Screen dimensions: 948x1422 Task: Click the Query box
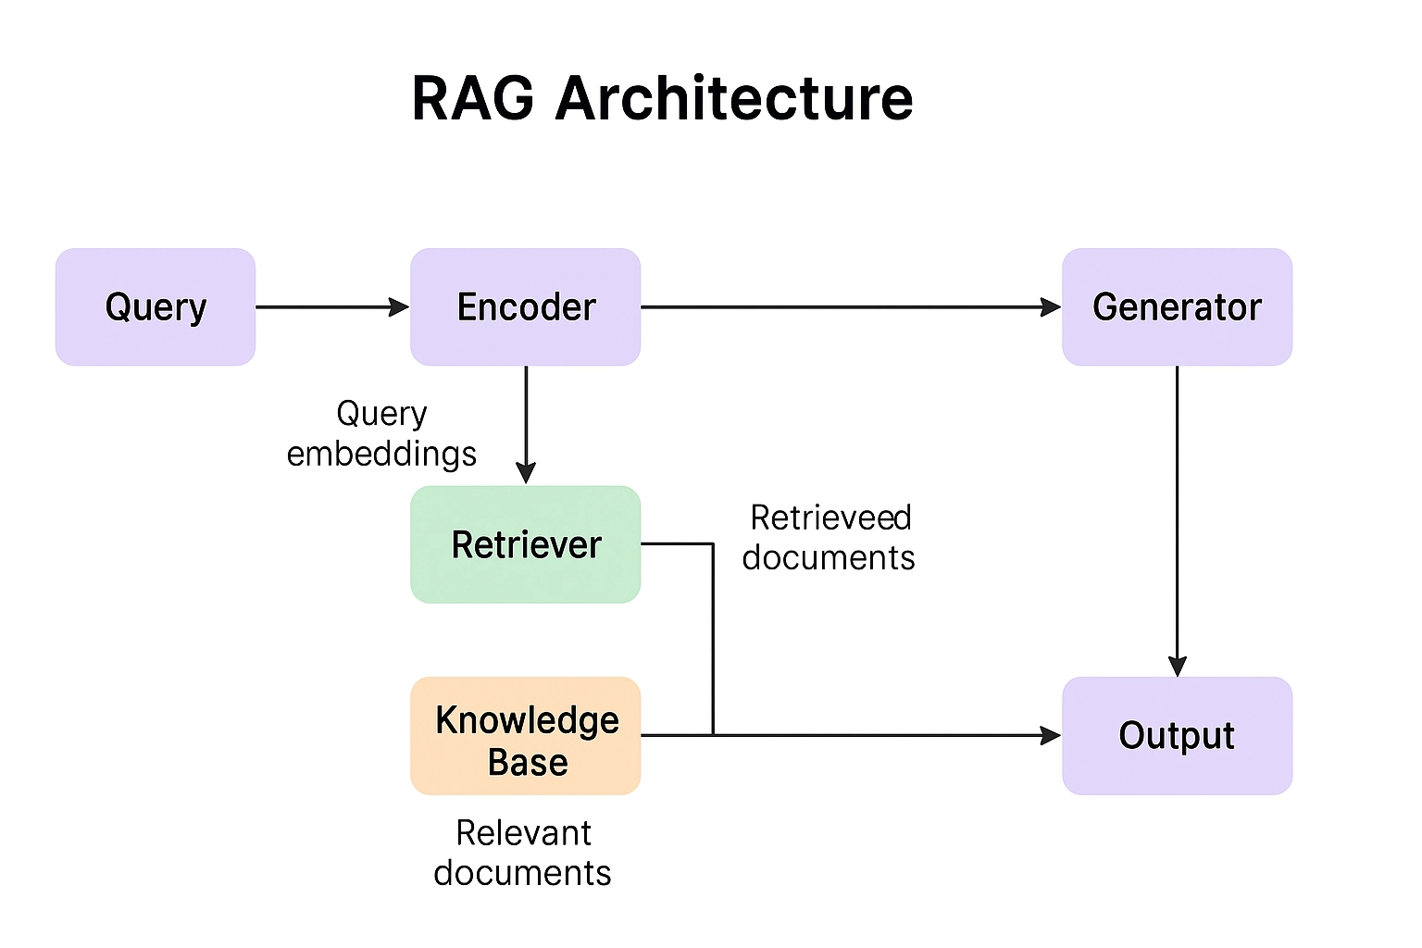(x=156, y=306)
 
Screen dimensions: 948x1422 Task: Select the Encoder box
(x=526, y=306)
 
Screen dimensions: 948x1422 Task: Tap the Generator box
(x=1177, y=306)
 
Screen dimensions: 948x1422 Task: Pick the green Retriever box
(x=526, y=544)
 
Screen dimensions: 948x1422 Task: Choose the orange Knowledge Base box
(x=526, y=736)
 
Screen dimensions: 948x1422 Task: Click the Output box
(x=1177, y=736)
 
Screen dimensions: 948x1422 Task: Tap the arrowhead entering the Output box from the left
(x=1051, y=736)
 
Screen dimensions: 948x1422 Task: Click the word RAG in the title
(x=473, y=98)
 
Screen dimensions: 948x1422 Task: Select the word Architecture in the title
(x=734, y=98)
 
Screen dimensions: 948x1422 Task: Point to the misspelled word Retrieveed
(x=830, y=518)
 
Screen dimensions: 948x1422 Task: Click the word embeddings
(x=381, y=454)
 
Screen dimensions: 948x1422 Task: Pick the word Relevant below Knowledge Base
(x=523, y=833)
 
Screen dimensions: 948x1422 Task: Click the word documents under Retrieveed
(x=829, y=557)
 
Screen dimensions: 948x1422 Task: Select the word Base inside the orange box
(x=528, y=762)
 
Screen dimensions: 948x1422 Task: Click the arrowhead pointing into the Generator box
(x=1051, y=306)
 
